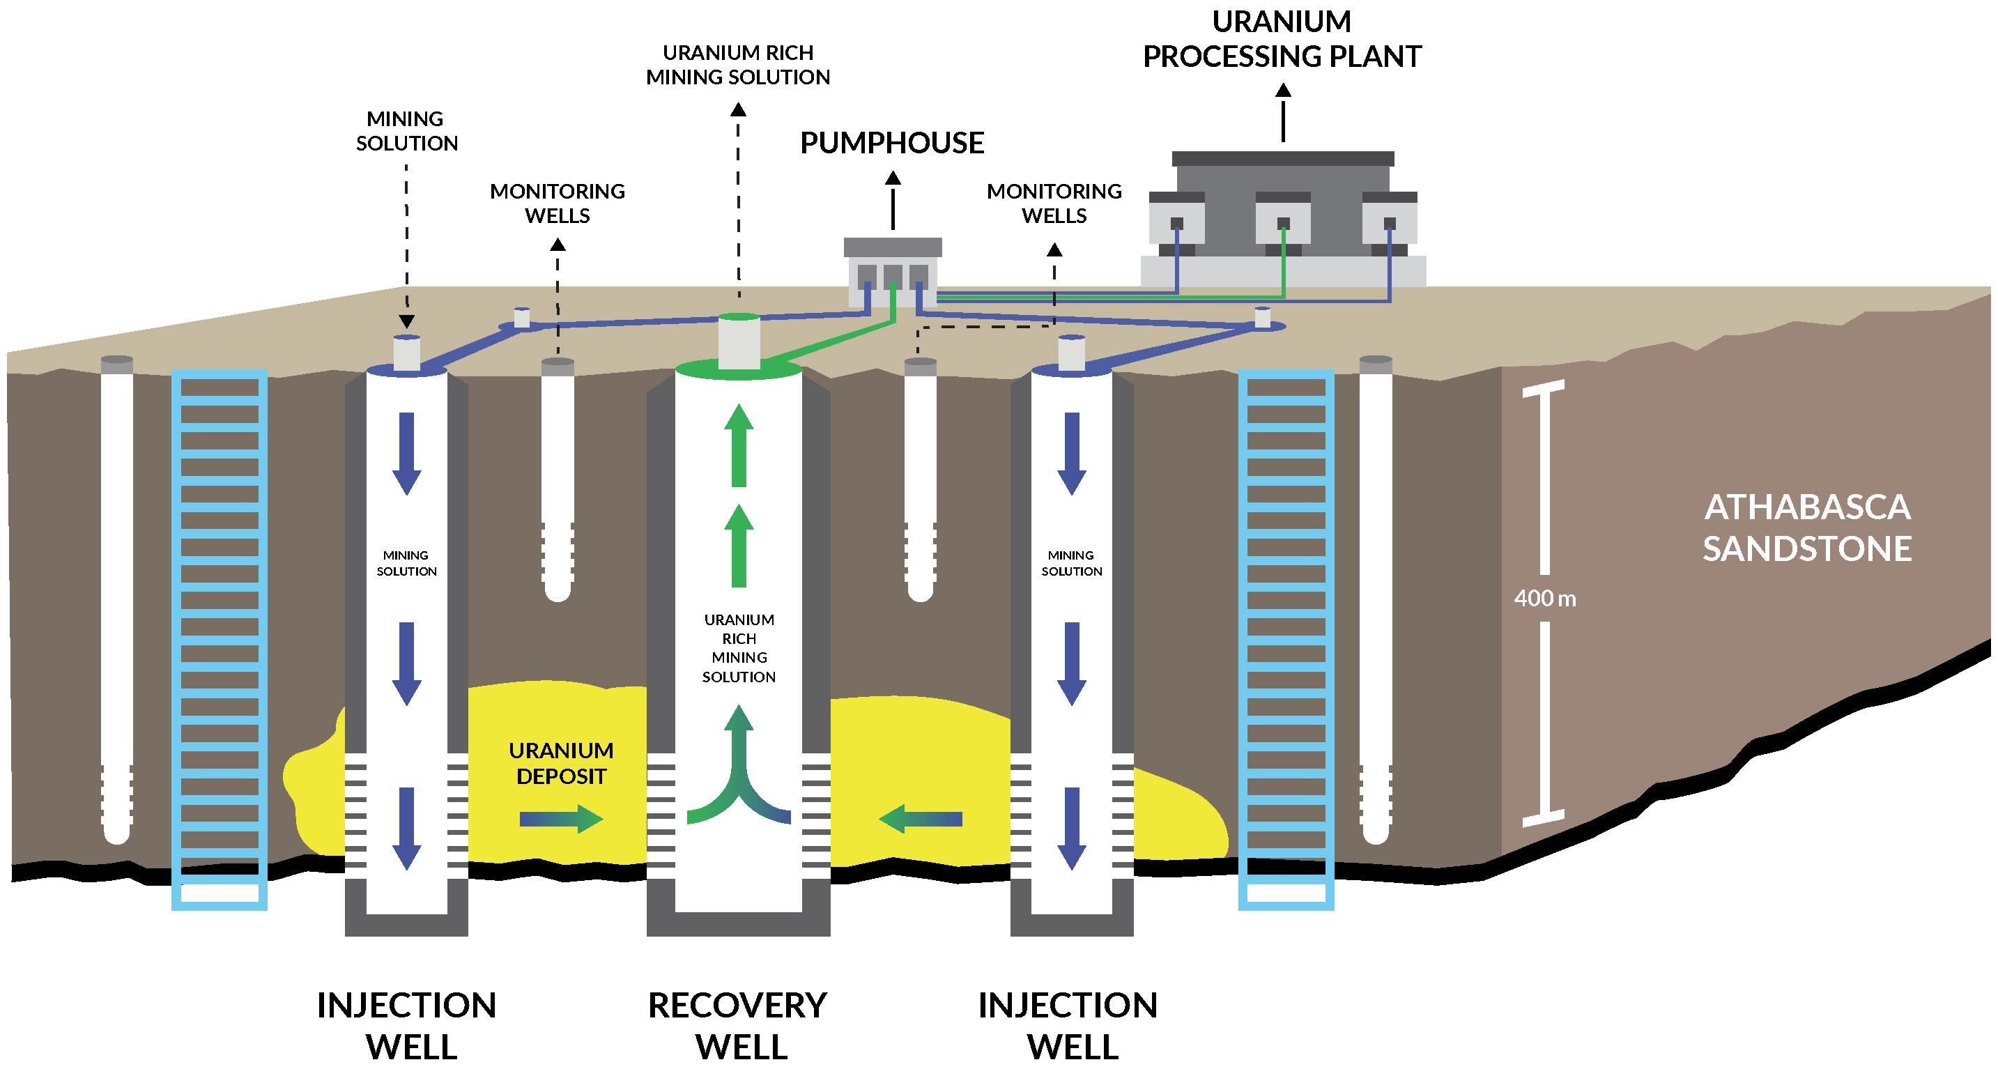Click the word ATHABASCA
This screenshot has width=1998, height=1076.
(1806, 508)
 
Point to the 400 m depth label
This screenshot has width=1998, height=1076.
(1544, 599)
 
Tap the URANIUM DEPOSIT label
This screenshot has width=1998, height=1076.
(561, 763)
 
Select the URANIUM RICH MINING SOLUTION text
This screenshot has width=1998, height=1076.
(739, 649)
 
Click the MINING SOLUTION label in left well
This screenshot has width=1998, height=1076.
(406, 563)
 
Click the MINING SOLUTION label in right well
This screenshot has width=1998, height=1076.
(1071, 563)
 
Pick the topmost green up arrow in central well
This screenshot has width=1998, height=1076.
(739, 445)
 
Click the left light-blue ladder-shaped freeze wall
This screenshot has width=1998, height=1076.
(220, 639)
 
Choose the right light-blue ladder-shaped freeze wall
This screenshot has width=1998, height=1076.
(1286, 639)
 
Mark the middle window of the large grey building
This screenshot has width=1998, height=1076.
(1283, 224)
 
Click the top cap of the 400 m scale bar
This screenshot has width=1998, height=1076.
(1544, 388)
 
